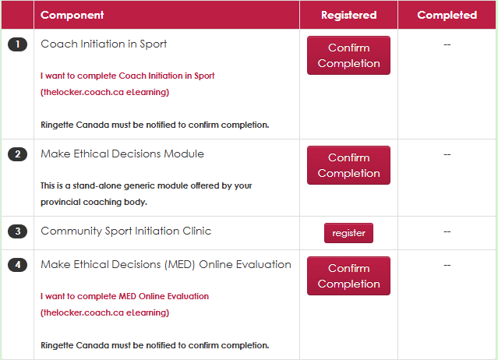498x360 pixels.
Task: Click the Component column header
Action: point(72,15)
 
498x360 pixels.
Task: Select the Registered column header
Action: point(348,15)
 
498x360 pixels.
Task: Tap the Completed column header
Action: point(447,15)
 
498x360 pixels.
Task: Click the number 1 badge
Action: point(17,44)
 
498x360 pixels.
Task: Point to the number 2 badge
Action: point(17,154)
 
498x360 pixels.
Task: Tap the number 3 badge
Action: point(17,231)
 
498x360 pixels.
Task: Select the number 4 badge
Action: point(17,265)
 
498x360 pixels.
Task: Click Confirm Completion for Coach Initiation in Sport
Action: point(348,55)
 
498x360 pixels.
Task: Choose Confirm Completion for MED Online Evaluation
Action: point(348,276)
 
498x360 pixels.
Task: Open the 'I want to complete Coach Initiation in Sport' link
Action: point(127,84)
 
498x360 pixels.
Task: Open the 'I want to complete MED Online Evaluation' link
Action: point(125,305)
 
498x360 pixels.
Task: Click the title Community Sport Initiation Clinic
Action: point(125,231)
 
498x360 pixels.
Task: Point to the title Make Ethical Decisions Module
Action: point(122,154)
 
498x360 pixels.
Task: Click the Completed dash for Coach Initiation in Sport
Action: point(447,44)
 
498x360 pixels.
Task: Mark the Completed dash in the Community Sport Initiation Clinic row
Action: point(447,231)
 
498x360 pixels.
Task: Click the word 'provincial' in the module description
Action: point(60,203)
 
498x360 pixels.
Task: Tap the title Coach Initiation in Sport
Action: point(104,44)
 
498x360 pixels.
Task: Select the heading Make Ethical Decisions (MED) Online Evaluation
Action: point(166,265)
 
